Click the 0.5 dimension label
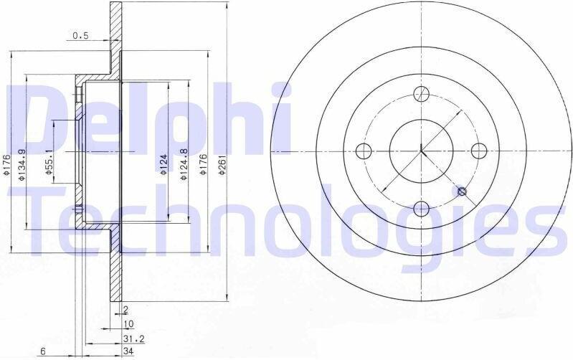81,35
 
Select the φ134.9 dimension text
22,164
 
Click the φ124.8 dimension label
184,164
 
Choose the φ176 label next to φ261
203,164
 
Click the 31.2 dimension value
134,339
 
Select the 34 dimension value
128,351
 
